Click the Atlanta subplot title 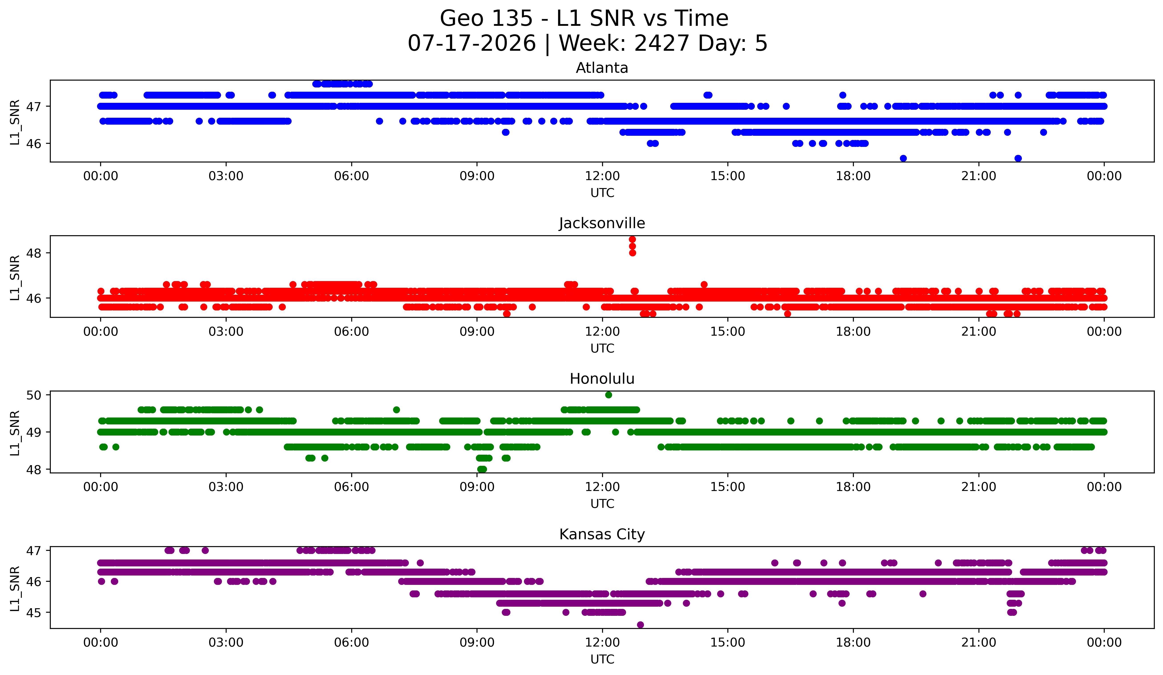click(602, 68)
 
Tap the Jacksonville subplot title click(602, 223)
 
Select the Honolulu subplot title click(602, 379)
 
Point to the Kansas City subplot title click(602, 534)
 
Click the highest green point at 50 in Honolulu click(609, 395)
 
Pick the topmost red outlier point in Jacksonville click(632, 239)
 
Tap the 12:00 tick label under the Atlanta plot click(602, 176)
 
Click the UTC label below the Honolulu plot click(602, 504)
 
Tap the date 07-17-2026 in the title click(472, 43)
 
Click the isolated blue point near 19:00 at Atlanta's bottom click(903, 158)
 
